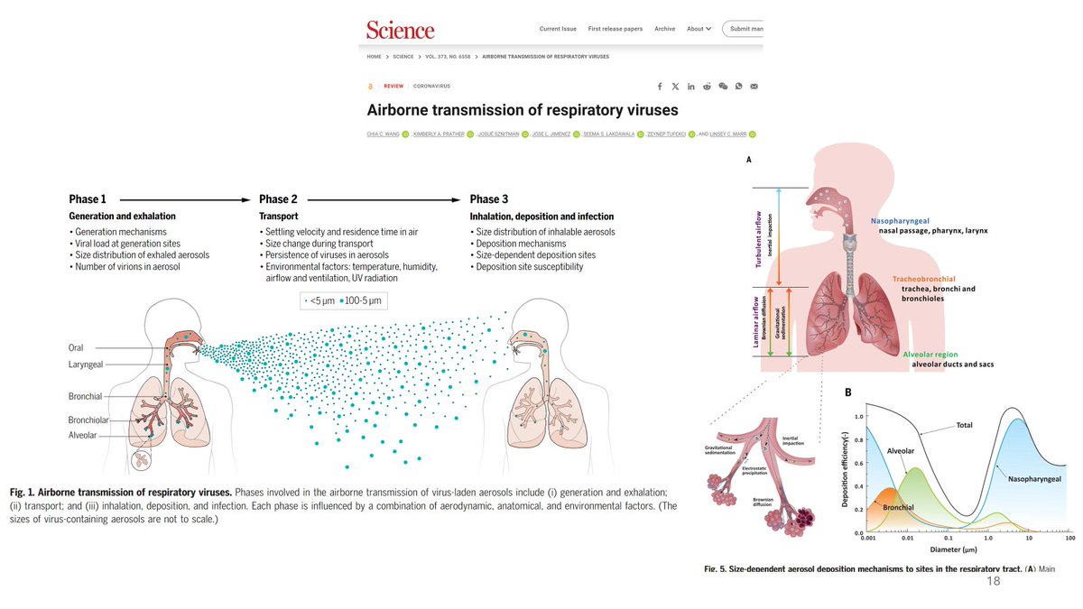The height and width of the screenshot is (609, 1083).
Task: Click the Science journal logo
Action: tap(400, 29)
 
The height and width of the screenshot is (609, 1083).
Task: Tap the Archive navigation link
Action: tap(664, 29)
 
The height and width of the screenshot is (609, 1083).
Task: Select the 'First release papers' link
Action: tap(615, 29)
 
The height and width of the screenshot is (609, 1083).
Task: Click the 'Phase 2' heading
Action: tap(278, 199)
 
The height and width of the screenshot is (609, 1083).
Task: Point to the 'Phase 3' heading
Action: tap(489, 199)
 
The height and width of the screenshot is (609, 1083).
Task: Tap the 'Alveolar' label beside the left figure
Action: tap(83, 435)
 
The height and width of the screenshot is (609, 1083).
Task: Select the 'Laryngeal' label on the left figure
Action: tap(88, 365)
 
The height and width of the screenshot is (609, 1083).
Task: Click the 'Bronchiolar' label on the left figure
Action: tap(88, 420)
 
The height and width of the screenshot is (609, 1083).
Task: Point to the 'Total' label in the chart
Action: tap(965, 425)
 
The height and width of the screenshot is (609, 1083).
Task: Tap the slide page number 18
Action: tap(994, 582)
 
